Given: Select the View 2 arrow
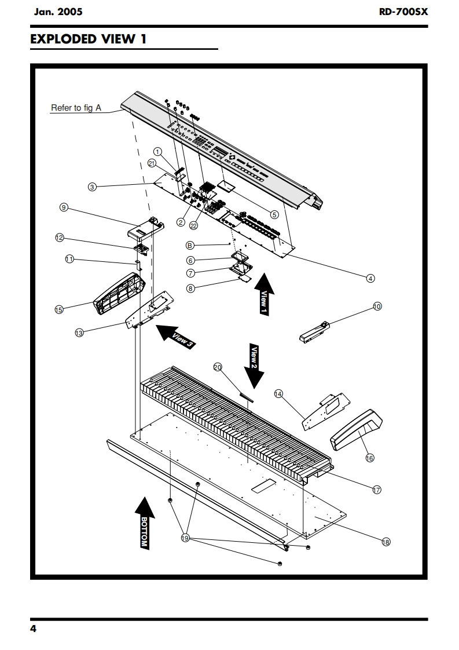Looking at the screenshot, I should (253, 365).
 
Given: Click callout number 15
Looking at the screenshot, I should (59, 310).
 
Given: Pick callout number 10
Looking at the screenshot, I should (377, 306).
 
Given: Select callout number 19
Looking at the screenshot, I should (186, 538).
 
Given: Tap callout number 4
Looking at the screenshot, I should (370, 277).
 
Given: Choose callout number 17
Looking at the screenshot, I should (376, 490).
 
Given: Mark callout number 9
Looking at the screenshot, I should (64, 207).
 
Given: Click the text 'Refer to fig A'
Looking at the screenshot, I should (76, 108).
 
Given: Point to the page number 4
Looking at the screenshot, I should (34, 630).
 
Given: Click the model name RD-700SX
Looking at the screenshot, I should (403, 11).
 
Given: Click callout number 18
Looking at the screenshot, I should (386, 542).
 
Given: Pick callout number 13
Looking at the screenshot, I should (79, 333).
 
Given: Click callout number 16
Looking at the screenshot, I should (370, 458).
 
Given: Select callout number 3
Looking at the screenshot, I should (91, 187).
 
